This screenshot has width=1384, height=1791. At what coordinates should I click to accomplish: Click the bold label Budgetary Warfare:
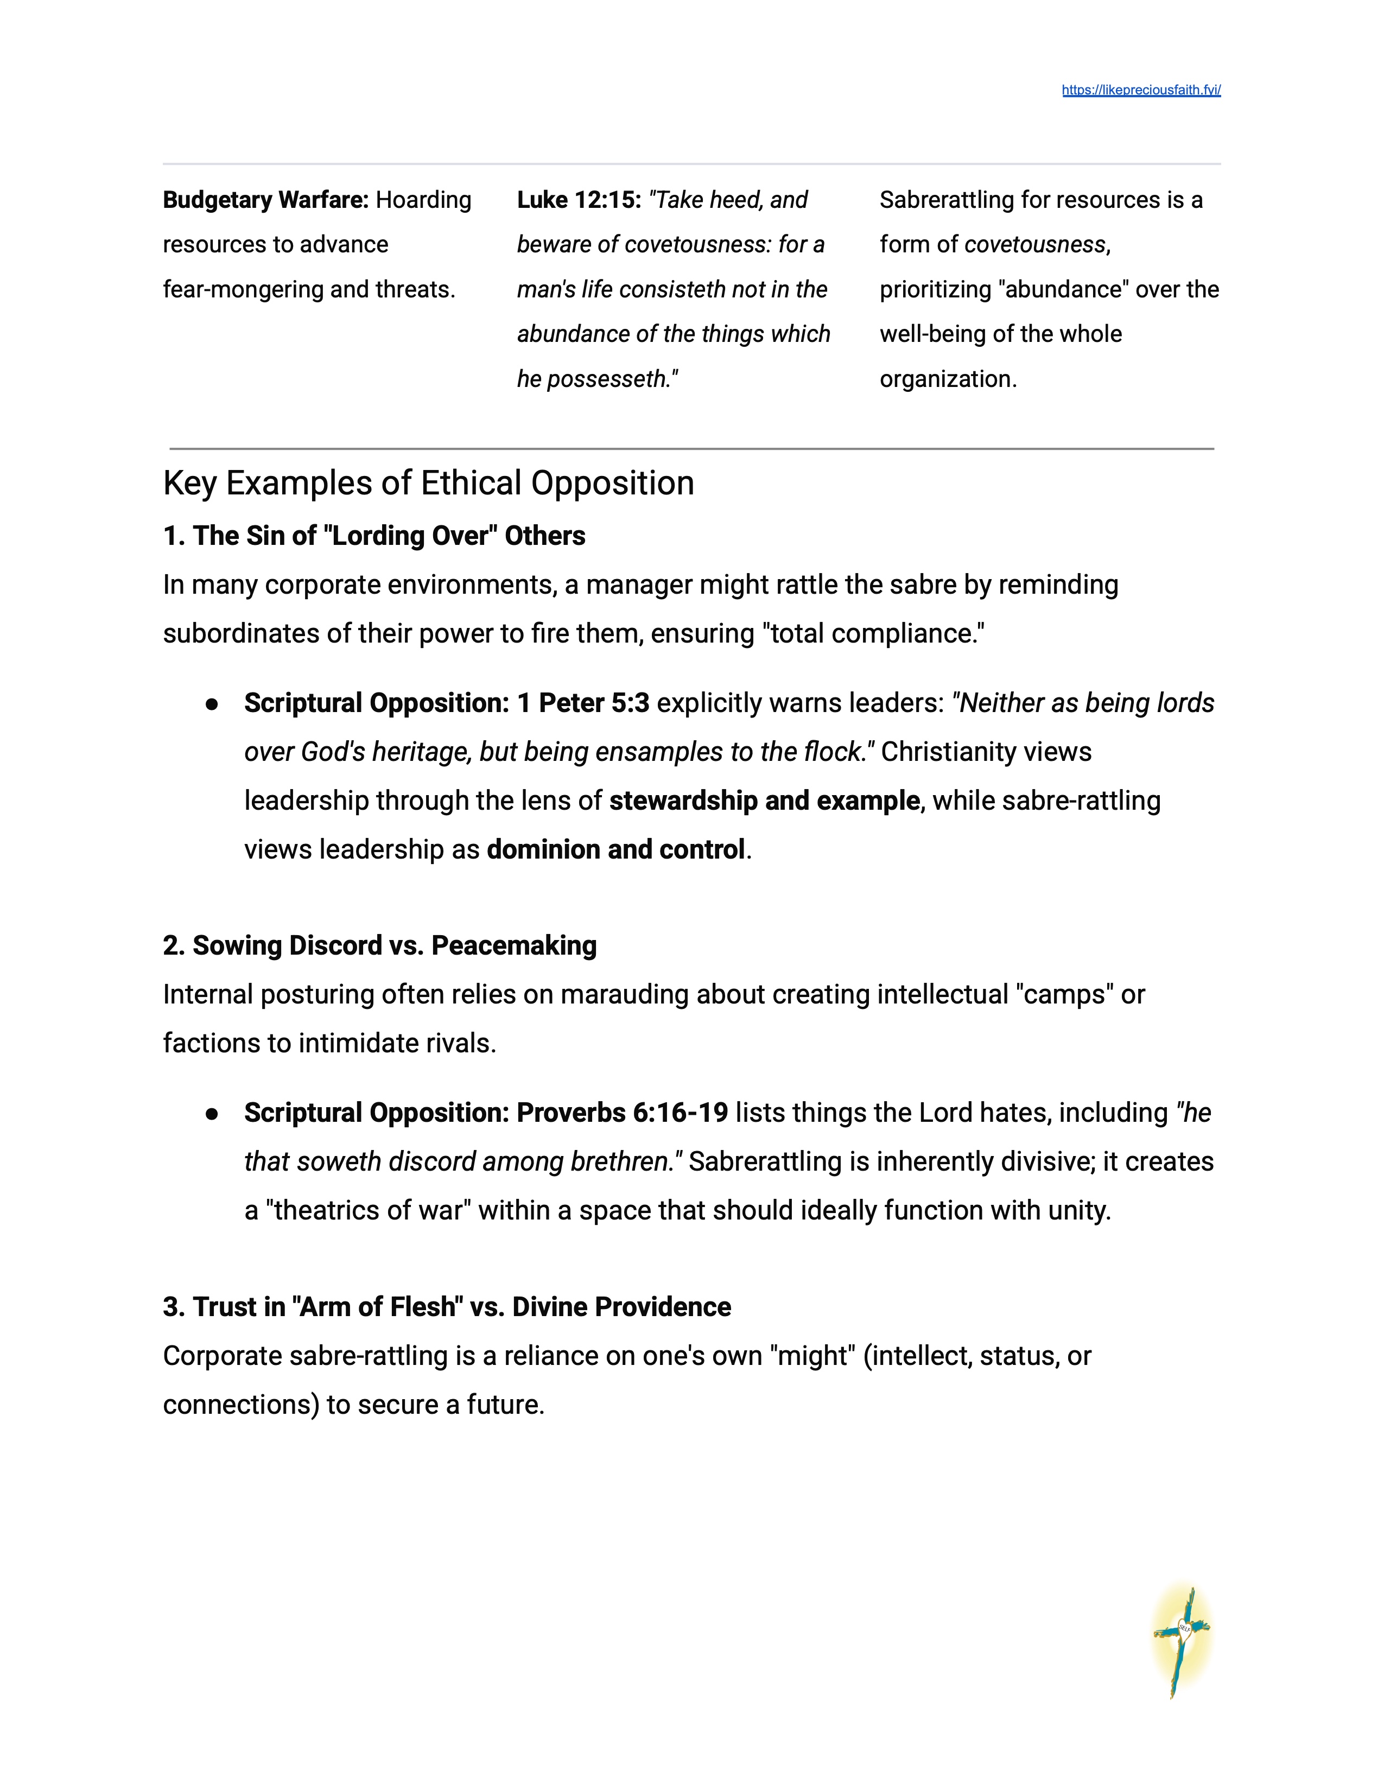[265, 200]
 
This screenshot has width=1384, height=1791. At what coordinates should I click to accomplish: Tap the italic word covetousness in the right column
[1034, 244]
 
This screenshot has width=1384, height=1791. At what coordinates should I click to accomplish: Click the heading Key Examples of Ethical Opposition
[428, 483]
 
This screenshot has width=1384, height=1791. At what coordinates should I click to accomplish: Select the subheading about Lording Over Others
[374, 536]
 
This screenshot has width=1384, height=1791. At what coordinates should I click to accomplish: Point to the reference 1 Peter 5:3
[583, 703]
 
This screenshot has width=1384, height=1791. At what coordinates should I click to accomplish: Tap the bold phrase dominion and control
[616, 849]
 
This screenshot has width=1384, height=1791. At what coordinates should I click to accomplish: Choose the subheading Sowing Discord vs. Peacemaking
[379, 945]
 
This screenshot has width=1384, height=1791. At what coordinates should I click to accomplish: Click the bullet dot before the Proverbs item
[212, 1114]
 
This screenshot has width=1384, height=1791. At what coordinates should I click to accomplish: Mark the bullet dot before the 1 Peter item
[212, 703]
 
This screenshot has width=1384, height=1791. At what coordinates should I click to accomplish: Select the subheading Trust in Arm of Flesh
[447, 1307]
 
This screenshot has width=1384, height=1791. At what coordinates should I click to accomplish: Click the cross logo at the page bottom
[1180, 1641]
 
